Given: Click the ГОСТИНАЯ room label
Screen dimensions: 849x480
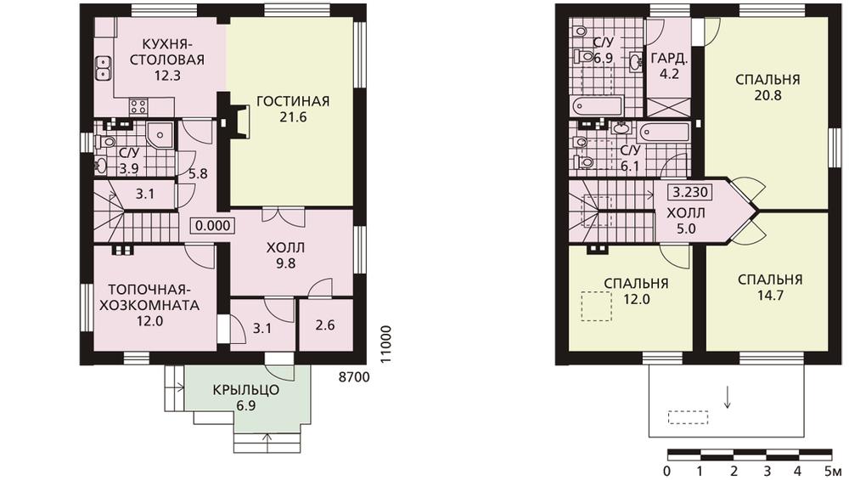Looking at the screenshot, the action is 293,101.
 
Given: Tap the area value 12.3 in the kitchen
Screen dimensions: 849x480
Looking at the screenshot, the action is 166,76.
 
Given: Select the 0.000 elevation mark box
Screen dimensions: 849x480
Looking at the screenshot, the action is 213,225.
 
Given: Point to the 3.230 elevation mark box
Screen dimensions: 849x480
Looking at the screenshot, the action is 691,192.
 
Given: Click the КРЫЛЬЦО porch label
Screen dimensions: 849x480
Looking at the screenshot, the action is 246,390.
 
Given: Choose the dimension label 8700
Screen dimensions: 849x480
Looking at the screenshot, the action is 354,377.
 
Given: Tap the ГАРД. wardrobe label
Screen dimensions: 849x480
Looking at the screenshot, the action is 669,58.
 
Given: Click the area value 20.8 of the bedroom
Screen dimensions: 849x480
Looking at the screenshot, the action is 767,96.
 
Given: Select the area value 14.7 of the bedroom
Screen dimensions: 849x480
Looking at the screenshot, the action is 770,296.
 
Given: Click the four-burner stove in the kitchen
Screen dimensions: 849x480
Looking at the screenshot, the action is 138,106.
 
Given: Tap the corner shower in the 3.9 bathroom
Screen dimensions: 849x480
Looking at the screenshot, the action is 160,135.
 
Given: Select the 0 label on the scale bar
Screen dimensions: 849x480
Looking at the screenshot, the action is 667,470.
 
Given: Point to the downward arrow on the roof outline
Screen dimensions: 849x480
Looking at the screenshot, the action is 728,397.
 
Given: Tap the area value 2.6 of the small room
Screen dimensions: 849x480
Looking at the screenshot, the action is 325,325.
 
